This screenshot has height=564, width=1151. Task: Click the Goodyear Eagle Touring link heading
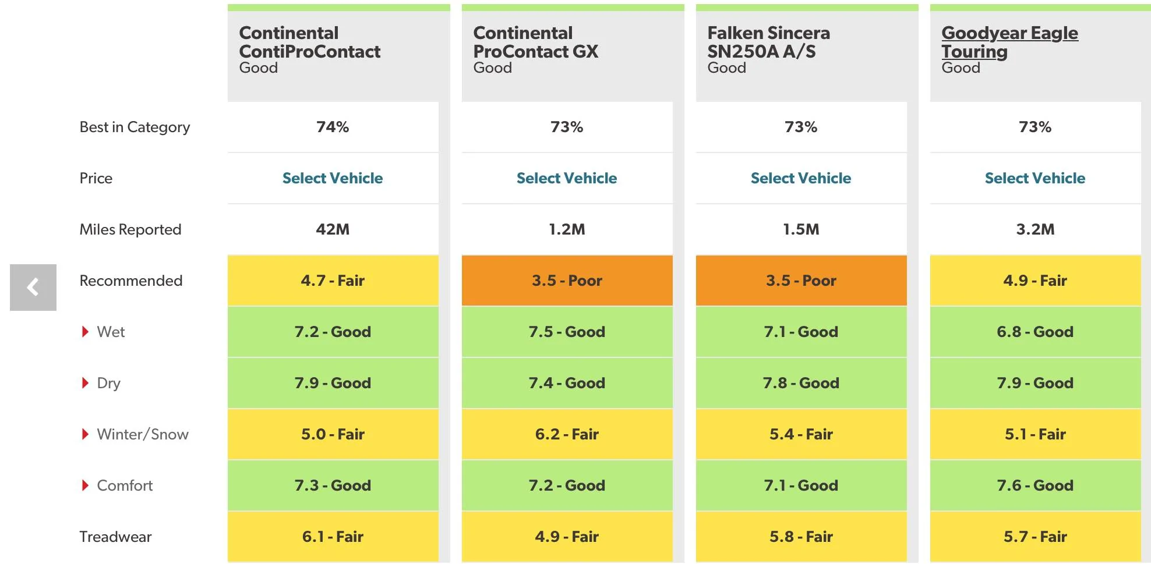(1009, 42)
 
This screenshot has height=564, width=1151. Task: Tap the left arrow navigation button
(33, 288)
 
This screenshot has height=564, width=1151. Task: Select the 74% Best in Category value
(333, 127)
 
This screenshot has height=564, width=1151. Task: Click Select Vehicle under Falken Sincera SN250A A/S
(801, 178)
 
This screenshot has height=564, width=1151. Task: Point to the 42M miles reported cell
(333, 229)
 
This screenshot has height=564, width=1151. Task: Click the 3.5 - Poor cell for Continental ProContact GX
(567, 281)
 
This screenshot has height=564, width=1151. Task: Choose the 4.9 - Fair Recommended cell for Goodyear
(1035, 281)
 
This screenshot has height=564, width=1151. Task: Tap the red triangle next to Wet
(85, 332)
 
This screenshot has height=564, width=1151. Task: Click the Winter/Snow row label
(143, 434)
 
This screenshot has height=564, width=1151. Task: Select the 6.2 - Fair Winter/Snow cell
(567, 434)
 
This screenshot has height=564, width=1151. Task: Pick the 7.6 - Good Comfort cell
(1035, 485)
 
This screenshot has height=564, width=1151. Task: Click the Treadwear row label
(115, 537)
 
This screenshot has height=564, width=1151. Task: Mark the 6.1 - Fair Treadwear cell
(333, 537)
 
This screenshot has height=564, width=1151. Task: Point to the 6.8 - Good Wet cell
(1035, 332)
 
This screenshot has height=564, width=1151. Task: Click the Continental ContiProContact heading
(309, 42)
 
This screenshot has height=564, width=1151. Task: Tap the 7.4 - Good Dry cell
(567, 383)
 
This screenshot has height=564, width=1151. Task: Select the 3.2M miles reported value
(1035, 229)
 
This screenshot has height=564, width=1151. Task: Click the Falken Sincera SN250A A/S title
(768, 42)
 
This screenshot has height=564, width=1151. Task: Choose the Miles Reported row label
(130, 229)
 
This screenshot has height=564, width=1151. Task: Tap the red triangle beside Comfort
(85, 485)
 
